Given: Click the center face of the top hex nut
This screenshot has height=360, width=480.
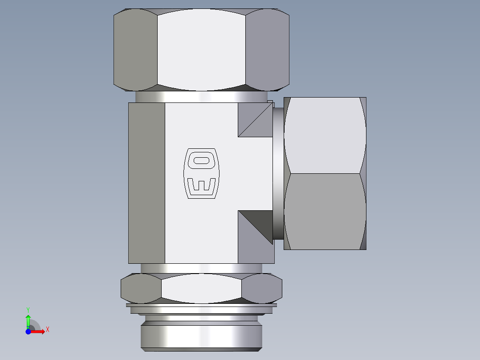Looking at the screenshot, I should click(201, 49).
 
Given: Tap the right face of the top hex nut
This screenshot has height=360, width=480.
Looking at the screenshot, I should click(267, 49).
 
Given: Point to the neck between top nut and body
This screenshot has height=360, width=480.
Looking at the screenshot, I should click(201, 97).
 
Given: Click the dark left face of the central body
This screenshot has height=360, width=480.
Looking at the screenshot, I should click(146, 183).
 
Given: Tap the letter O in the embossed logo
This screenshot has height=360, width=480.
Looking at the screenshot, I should click(202, 160).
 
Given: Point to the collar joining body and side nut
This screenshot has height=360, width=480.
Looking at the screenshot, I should click(278, 174).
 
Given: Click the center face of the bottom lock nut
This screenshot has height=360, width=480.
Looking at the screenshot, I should click(201, 288).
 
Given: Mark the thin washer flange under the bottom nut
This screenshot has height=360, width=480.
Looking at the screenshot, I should click(201, 306).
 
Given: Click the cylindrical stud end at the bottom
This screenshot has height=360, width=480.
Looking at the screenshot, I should click(201, 336).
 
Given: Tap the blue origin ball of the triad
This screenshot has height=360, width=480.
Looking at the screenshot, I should click(28, 331).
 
